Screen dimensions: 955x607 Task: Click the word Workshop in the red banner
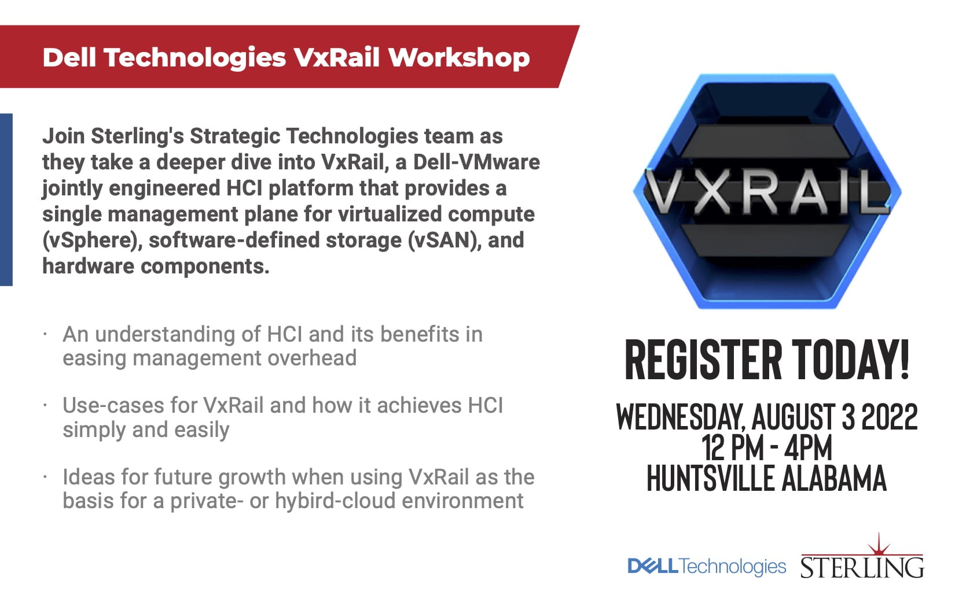[x=459, y=57]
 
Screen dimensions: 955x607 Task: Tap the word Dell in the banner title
[x=69, y=57]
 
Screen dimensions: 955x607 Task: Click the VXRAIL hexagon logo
[x=767, y=191]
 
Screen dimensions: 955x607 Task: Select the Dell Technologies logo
[x=707, y=567]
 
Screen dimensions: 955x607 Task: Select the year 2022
[x=890, y=416]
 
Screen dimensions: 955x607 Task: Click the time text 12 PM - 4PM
[x=766, y=447]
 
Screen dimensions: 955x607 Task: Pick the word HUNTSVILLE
[x=710, y=478]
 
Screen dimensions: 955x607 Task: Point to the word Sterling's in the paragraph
[x=137, y=137]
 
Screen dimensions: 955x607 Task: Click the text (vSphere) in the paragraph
[x=92, y=240]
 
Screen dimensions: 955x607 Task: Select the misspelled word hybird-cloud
[x=335, y=501]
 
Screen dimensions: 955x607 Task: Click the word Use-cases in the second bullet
[x=113, y=405]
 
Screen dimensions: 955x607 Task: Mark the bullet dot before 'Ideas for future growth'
[x=45, y=477]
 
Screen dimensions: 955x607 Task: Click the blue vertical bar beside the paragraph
[x=6, y=199]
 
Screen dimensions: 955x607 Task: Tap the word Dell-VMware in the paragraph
[x=476, y=162]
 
